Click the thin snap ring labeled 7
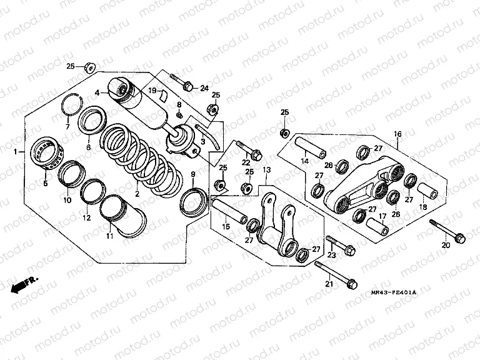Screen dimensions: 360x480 pos(73,102)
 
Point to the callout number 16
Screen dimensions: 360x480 pos(397,134)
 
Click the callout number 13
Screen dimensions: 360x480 pos(267,170)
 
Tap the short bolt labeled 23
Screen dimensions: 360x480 pos(340,245)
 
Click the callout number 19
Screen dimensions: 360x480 pos(151,91)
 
